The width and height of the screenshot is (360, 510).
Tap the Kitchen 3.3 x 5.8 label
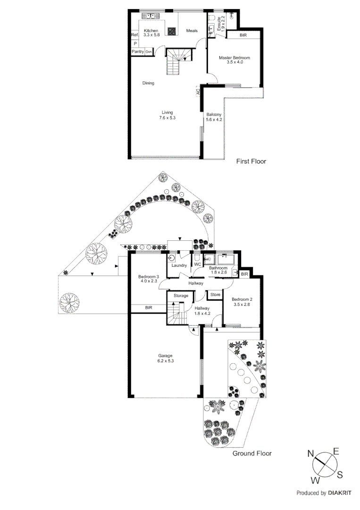coord(151,33)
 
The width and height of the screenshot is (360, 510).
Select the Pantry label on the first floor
coord(138,51)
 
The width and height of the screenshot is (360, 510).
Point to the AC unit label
coord(198,93)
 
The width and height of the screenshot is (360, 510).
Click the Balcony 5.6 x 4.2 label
coord(214,117)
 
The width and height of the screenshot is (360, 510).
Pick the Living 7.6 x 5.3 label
coord(167,115)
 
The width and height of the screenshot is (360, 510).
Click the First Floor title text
coord(251,161)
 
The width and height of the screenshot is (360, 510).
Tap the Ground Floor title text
coord(252,453)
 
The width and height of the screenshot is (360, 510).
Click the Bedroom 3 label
coord(148,279)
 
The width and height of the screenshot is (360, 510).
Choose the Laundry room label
coord(180,265)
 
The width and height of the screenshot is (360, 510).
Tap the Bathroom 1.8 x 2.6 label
coord(218,270)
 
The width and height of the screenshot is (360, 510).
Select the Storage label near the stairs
coord(181,296)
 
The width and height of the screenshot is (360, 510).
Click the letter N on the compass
coord(311,454)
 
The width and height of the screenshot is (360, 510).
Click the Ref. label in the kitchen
coord(134,35)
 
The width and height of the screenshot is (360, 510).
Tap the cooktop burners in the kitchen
coord(173,32)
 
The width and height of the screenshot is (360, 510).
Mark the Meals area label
coord(192,31)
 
